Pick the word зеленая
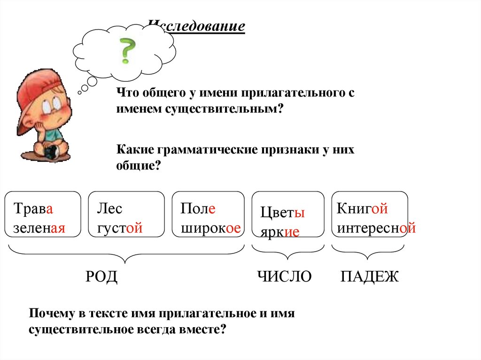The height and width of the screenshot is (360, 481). (x=39, y=228)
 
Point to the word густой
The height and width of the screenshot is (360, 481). (x=119, y=229)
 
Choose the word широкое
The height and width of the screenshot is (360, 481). (x=210, y=228)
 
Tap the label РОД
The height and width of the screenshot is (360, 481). (x=101, y=277)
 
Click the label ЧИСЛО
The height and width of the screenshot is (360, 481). (x=284, y=277)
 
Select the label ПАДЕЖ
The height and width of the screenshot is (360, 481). (x=369, y=277)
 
